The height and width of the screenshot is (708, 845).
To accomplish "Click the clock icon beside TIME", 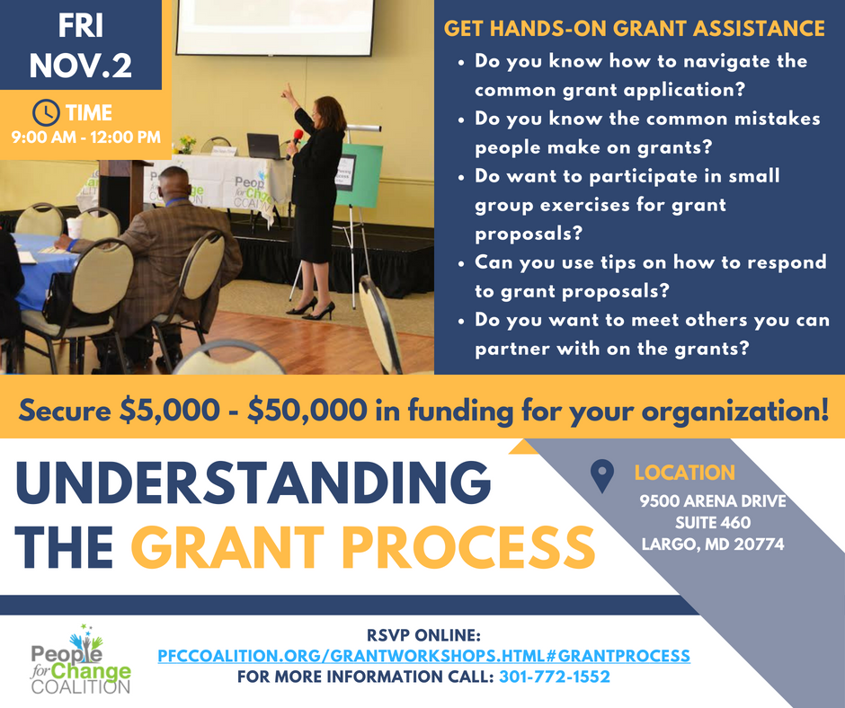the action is tap(46, 113).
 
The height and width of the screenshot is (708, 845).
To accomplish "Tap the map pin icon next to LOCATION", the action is tap(602, 476).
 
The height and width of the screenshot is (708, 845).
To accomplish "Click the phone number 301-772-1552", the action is tap(555, 677).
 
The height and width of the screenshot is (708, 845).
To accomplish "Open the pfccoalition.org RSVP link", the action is tap(423, 656).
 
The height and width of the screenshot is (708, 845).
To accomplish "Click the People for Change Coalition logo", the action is tap(81, 659).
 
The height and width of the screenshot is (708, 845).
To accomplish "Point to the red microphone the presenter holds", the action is tap(297, 137).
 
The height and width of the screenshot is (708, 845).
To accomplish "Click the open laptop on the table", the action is tap(263, 146).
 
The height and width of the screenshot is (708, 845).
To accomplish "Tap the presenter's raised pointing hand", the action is tap(289, 92).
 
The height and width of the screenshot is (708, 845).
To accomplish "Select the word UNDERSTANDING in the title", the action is tap(253, 482).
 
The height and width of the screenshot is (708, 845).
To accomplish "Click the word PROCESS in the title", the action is tap(468, 547).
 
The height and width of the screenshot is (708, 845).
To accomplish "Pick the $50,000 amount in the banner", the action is tap(307, 411).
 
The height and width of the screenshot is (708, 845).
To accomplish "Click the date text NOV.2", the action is tap(81, 66).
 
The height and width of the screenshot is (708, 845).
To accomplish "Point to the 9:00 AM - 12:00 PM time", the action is tap(86, 137).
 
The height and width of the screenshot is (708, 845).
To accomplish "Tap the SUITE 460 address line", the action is tap(713, 522).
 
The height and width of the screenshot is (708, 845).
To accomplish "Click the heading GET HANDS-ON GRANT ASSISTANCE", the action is tap(635, 29).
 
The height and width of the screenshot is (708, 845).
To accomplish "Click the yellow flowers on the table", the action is tap(187, 143).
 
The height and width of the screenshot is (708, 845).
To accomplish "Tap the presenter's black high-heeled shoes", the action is tap(313, 309).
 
